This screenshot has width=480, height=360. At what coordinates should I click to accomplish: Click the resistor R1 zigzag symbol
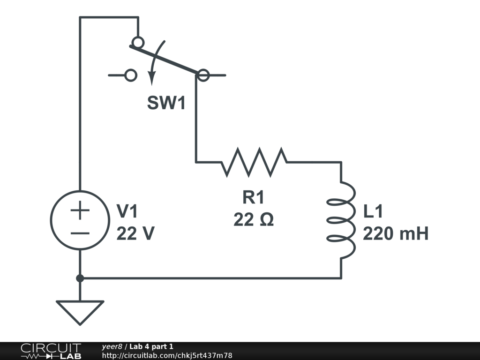click(254, 162)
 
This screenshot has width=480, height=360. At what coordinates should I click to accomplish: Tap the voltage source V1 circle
click(80, 219)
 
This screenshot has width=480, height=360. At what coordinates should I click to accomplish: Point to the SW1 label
click(166, 103)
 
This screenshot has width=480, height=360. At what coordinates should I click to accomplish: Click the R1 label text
click(253, 198)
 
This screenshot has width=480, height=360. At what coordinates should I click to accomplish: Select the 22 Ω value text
click(253, 219)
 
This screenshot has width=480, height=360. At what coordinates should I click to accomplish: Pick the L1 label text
click(373, 212)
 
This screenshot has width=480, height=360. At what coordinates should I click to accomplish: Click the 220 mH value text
click(396, 233)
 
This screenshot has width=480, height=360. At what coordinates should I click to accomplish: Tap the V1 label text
click(127, 212)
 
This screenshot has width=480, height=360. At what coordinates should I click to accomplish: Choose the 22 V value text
click(135, 233)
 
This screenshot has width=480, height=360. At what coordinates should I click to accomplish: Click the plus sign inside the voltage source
click(80, 210)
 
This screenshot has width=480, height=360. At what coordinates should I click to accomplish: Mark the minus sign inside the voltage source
click(80, 233)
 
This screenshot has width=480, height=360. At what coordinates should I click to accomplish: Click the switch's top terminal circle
click(137, 43)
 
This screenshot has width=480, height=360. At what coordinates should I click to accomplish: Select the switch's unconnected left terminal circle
click(131, 75)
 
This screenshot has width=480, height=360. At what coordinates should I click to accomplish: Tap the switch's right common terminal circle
click(203, 75)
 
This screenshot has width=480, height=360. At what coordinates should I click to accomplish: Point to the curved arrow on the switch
click(156, 63)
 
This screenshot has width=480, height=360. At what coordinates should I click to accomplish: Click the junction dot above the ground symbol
click(80, 278)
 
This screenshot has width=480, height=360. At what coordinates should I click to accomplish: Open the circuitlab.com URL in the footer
click(167, 355)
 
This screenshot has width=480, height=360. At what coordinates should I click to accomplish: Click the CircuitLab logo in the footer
click(50, 351)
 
